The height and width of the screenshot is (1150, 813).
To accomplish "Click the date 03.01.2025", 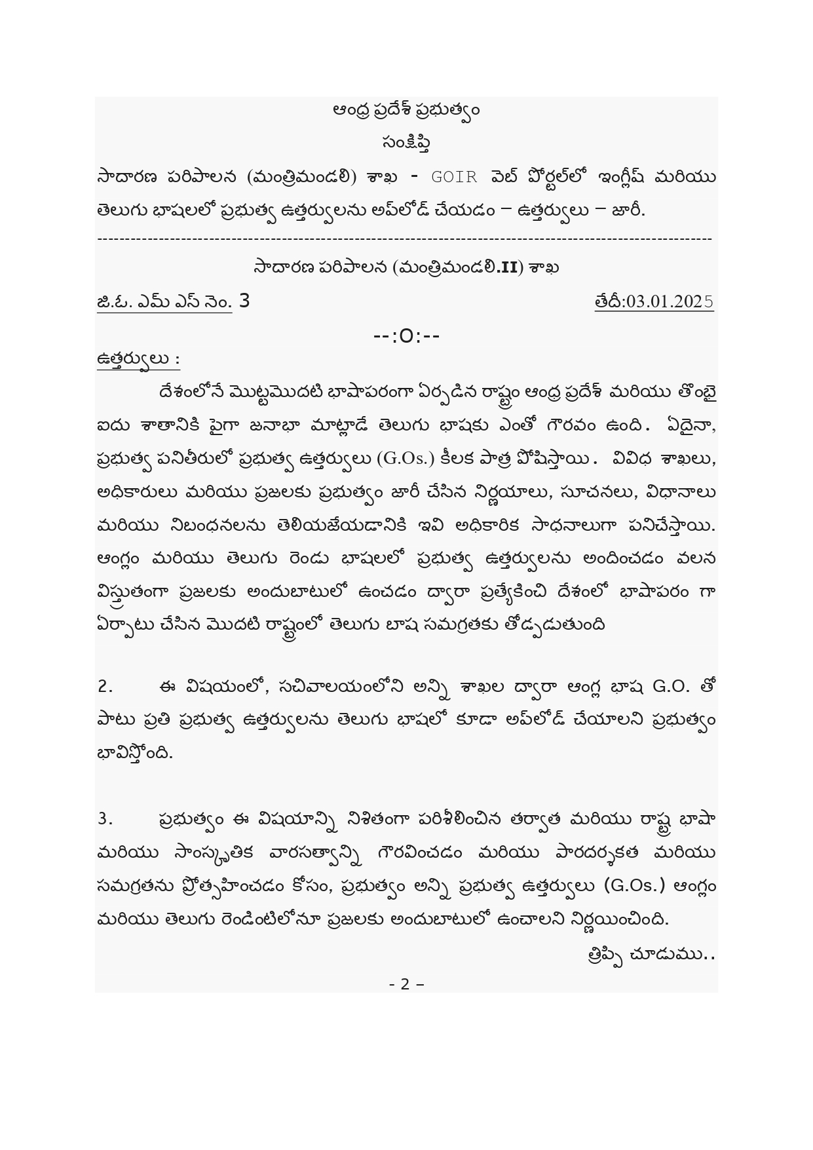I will (x=669, y=301).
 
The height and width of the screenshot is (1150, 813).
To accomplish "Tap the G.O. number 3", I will (x=244, y=301).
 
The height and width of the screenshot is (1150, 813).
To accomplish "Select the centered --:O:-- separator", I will (x=406, y=336).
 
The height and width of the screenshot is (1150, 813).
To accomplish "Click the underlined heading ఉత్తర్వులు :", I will (x=138, y=360).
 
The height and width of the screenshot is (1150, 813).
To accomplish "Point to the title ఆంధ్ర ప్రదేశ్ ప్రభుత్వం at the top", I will (x=406, y=109).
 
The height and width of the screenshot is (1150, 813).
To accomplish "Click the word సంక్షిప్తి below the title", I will (x=406, y=142).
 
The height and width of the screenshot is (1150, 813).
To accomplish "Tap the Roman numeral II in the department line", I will (x=507, y=268).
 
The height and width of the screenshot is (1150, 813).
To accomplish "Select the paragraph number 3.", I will (x=105, y=819).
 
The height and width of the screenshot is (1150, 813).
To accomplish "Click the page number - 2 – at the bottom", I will (x=406, y=984).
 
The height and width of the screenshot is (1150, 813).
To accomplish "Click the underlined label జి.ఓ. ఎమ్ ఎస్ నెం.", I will (x=164, y=302).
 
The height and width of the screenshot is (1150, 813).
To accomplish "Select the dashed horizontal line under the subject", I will (x=405, y=239).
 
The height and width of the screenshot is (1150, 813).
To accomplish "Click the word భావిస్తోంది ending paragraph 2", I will (x=135, y=754).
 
